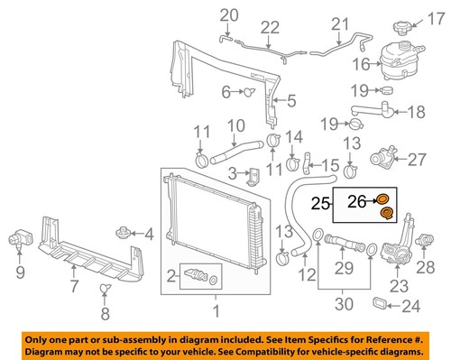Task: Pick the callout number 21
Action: coord(339,23)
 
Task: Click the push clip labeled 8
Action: coord(105,289)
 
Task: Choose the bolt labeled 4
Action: coord(124,236)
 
